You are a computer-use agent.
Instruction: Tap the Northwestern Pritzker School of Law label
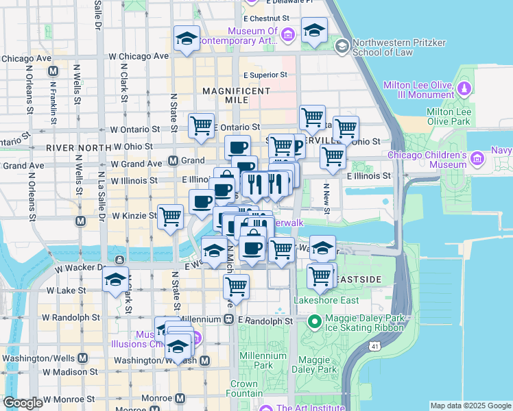point(398,47)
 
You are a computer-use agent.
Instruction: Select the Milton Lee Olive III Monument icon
point(464,88)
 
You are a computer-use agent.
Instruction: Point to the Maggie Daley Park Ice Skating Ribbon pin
point(315,321)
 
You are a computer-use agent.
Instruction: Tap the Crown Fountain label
point(243,389)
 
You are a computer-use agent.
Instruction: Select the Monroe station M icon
point(180,398)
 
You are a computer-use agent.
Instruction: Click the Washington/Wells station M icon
point(83,358)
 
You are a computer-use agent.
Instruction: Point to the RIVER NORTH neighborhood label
point(79,147)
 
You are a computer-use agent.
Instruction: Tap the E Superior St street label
point(264,75)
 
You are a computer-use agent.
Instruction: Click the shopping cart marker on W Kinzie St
point(170,216)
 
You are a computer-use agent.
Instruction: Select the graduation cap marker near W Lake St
point(115,279)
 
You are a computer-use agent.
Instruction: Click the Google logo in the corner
point(22,403)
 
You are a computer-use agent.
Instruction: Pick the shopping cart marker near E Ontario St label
point(201,125)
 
